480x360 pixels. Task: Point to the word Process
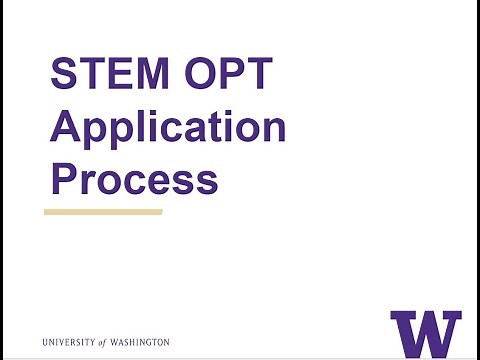[x=134, y=180]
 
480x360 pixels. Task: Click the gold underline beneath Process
[x=103, y=212]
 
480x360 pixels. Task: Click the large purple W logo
[x=425, y=332]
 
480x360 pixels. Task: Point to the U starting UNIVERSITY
[x=46, y=342]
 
